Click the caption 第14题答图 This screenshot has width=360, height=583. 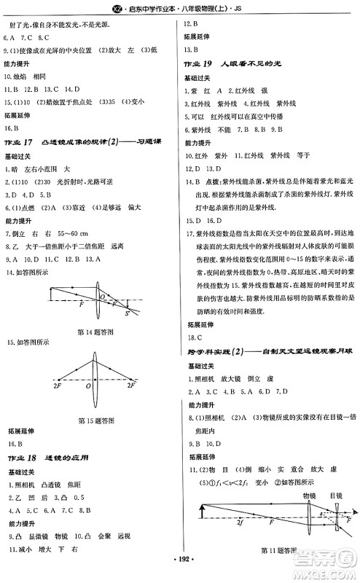(x=94, y=333)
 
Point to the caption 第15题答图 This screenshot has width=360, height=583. (x=94, y=420)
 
